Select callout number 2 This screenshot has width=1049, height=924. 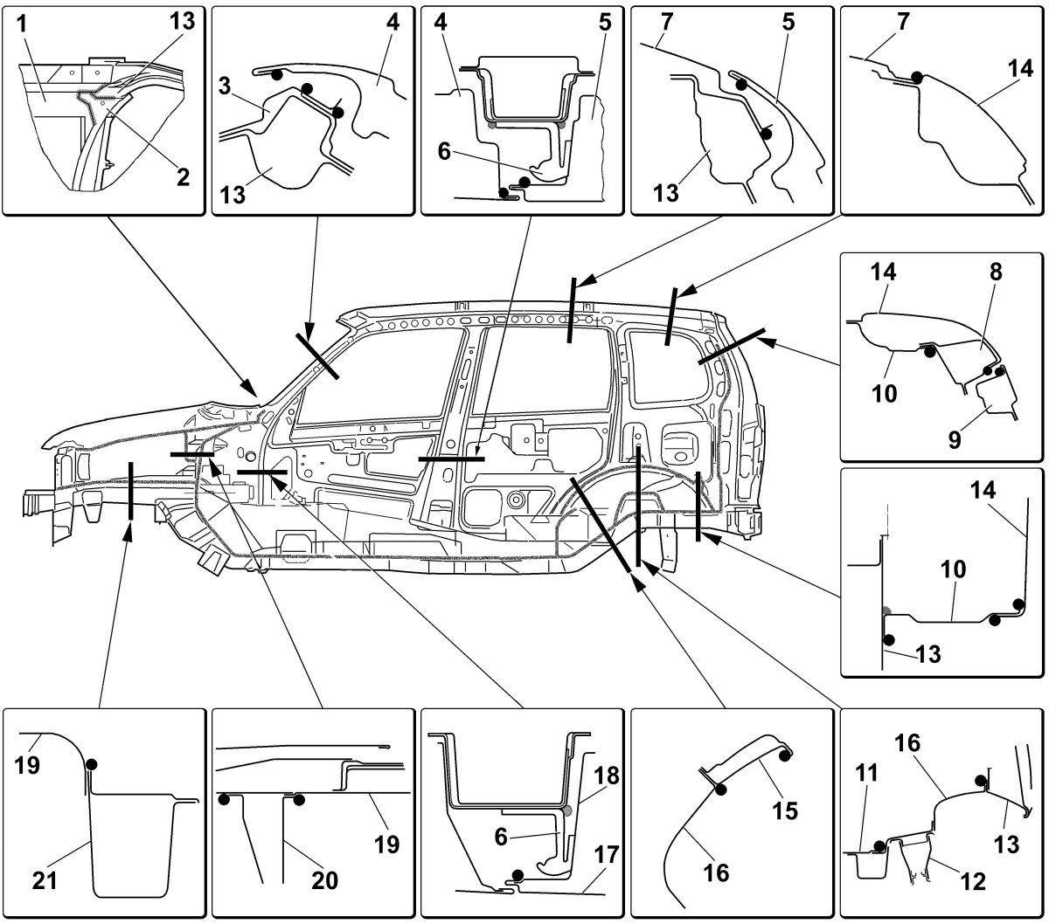pos(183,177)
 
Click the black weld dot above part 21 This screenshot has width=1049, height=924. pos(92,764)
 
